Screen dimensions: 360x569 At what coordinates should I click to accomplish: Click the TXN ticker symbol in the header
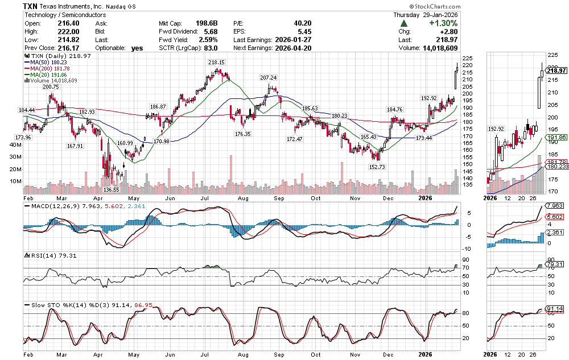31,5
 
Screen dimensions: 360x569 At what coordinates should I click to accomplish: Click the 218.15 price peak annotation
216,62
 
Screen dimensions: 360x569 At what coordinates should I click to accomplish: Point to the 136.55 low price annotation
113,189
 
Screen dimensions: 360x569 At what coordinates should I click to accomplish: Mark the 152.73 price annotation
377,167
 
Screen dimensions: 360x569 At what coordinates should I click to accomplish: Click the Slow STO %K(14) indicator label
61,305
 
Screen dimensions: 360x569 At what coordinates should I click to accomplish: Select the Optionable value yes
137,49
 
